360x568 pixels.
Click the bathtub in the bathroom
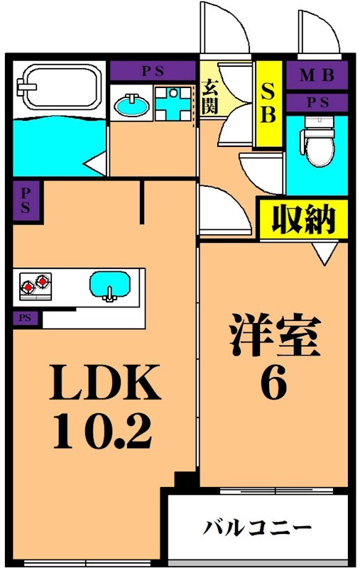point(58,89)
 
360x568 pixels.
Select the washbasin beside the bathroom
point(131,106)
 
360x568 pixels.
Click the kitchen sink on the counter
point(110,287)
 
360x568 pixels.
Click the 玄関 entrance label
point(210,96)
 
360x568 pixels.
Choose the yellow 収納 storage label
point(302,219)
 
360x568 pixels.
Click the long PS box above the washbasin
point(152,71)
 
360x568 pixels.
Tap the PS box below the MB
point(317,102)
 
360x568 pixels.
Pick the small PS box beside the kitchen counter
point(25,318)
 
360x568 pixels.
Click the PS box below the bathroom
point(25,201)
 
